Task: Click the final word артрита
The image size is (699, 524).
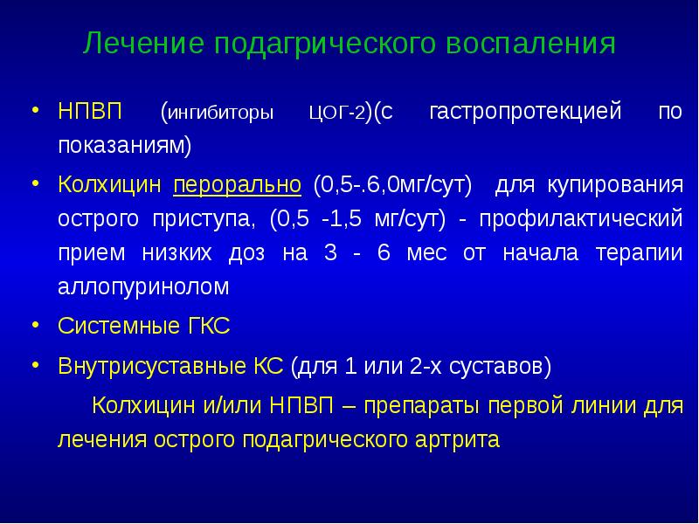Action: point(455,439)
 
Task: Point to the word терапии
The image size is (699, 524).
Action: point(639,253)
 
